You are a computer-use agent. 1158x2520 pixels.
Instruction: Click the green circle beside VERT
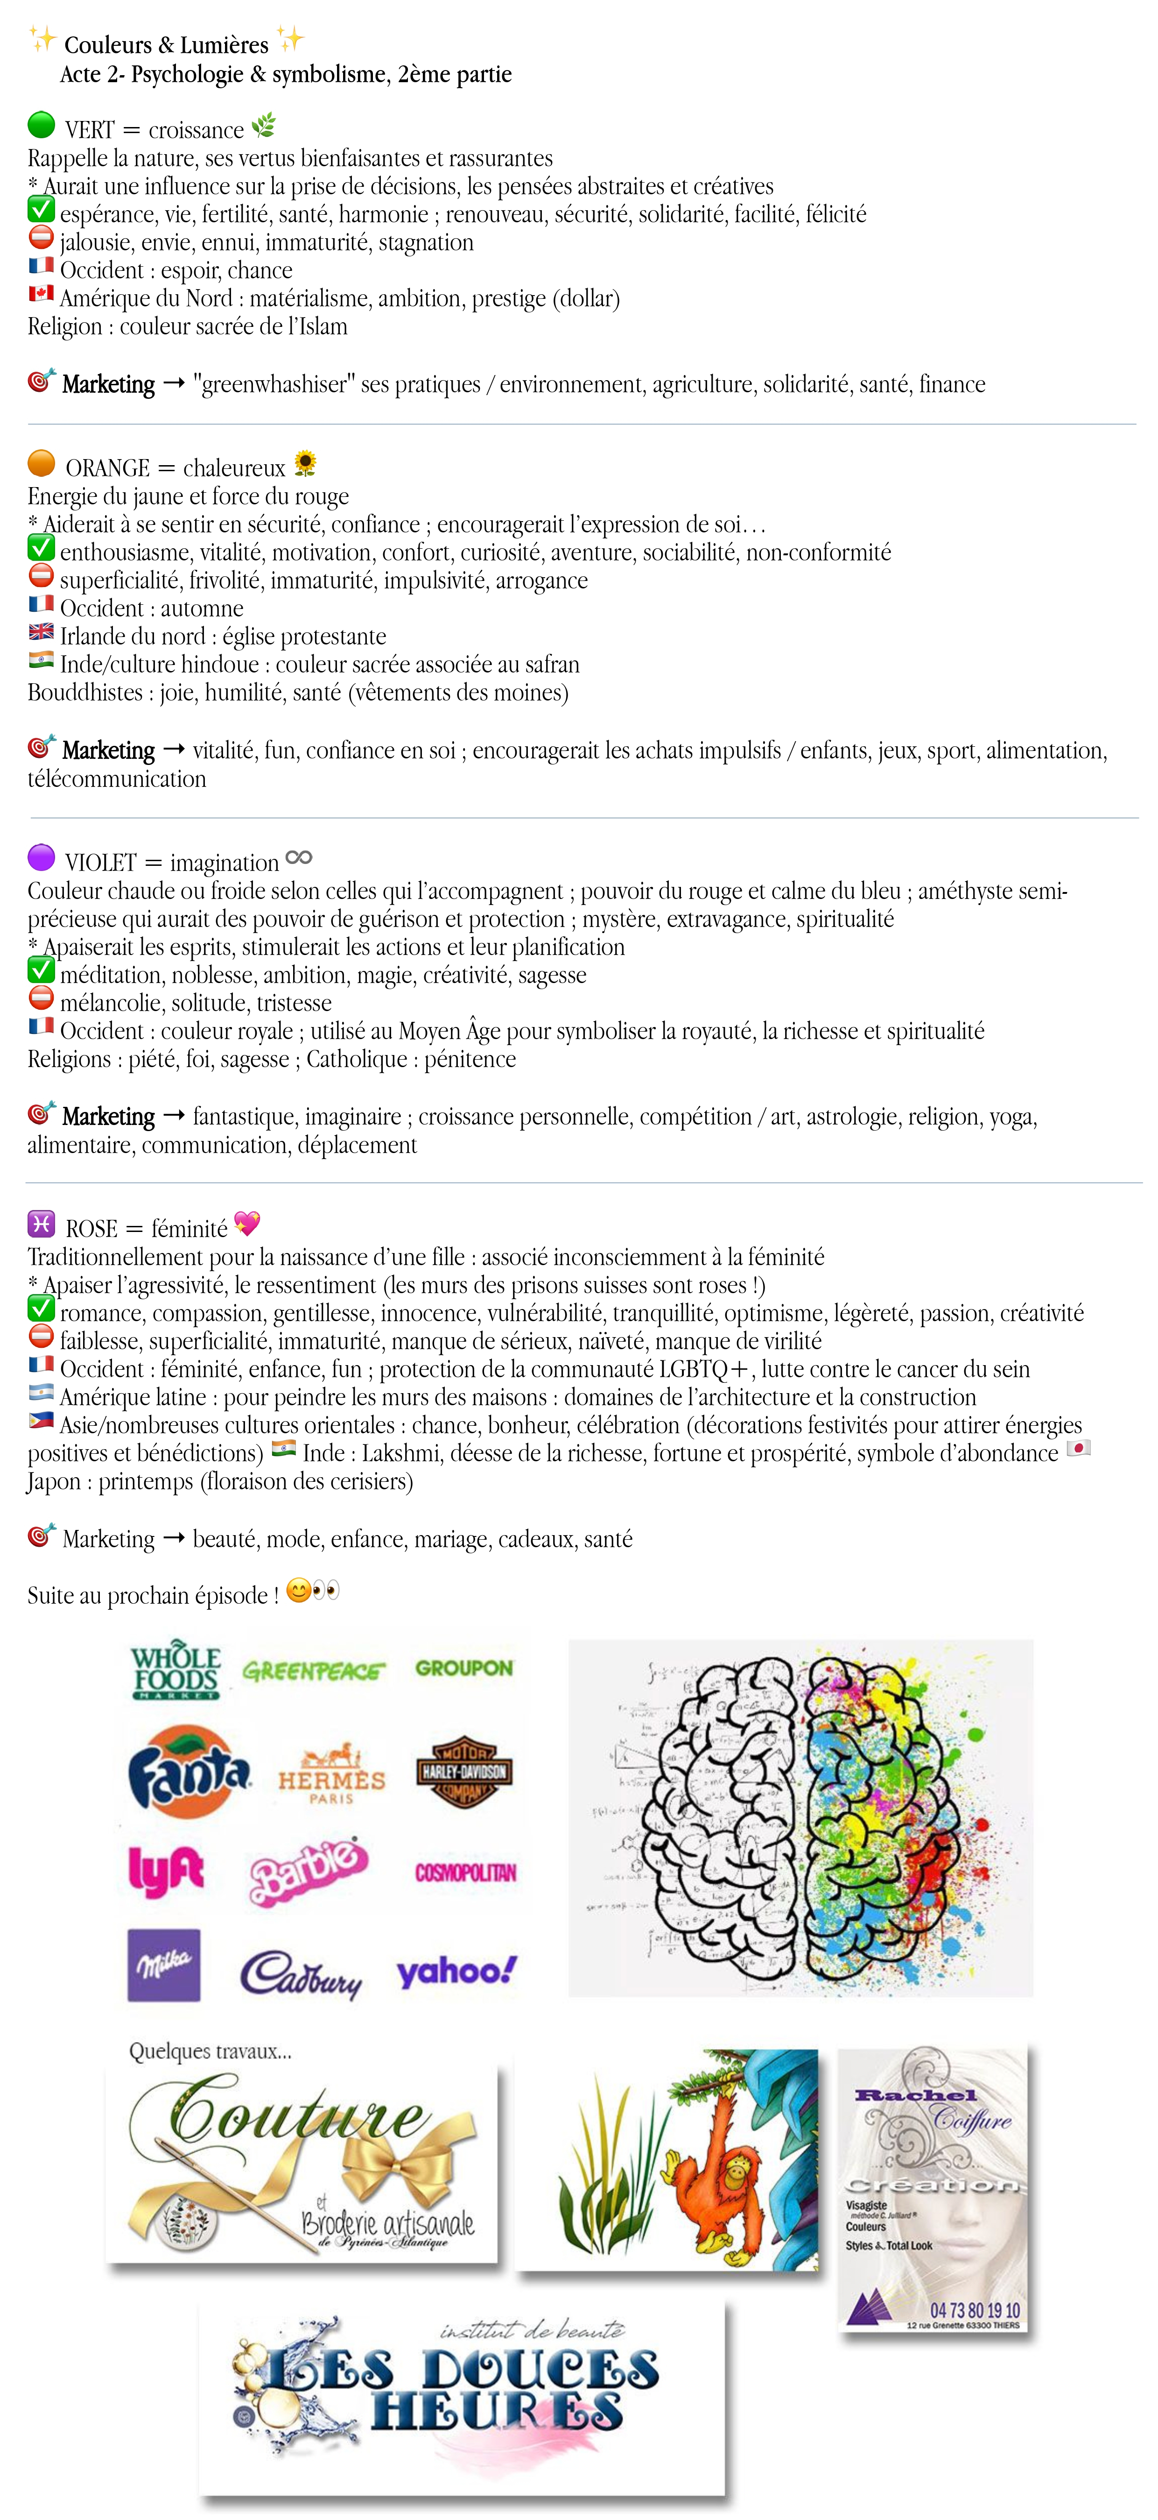[41, 125]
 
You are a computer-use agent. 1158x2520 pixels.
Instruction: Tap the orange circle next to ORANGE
[41, 463]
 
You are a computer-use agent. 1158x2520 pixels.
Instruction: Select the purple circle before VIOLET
[41, 858]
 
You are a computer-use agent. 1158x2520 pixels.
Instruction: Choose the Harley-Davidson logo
[464, 1772]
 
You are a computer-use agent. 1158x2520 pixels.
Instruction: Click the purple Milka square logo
[164, 1965]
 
